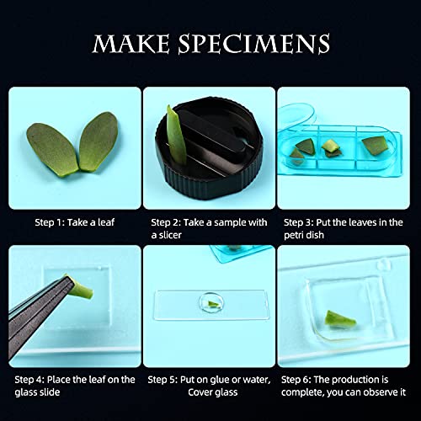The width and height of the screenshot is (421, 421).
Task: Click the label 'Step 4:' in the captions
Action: point(29,379)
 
